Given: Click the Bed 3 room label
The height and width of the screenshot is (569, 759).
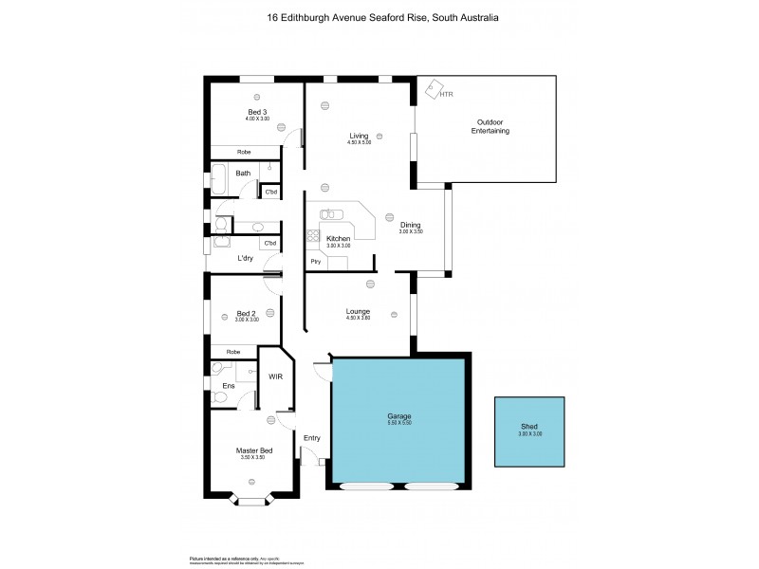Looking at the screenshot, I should pyautogui.click(x=257, y=112).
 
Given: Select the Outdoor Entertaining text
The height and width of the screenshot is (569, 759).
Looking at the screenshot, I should pyautogui.click(x=491, y=126).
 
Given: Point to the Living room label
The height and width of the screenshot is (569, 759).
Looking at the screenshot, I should pyautogui.click(x=359, y=137).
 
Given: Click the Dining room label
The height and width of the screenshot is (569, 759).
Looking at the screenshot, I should pyautogui.click(x=410, y=225).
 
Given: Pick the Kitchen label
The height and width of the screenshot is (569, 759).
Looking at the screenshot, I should pyautogui.click(x=339, y=239).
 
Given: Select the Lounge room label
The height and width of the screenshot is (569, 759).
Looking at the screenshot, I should pyautogui.click(x=358, y=312).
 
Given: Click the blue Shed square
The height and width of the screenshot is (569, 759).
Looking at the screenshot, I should pyautogui.click(x=528, y=431).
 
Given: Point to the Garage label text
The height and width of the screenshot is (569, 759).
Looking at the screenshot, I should pyautogui.click(x=399, y=416).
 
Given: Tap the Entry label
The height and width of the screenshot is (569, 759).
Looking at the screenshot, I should pyautogui.click(x=311, y=437).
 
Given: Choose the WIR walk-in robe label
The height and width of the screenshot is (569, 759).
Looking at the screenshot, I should pyautogui.click(x=275, y=376).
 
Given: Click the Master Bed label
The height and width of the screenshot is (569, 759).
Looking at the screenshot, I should pyautogui.click(x=253, y=450).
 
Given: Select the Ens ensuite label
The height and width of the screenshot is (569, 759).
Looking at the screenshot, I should pyautogui.click(x=229, y=386).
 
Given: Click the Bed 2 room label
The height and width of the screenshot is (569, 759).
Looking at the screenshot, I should pyautogui.click(x=246, y=314).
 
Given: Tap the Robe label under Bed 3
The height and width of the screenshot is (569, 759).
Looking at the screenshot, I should pyautogui.click(x=244, y=152).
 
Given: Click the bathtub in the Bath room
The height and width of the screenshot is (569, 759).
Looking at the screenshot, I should pyautogui.click(x=219, y=174).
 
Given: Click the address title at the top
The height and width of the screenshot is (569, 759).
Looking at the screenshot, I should pyautogui.click(x=379, y=17).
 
